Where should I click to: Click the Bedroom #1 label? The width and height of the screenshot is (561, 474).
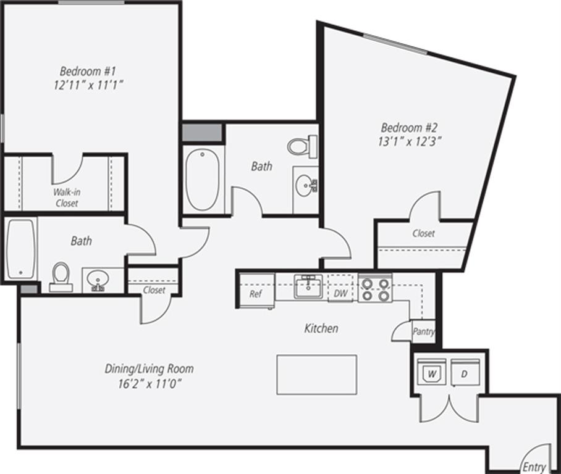[88, 71]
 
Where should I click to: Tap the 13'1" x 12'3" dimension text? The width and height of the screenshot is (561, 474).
[408, 141]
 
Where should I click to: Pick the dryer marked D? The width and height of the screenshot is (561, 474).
[465, 373]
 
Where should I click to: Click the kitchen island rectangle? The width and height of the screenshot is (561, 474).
[317, 375]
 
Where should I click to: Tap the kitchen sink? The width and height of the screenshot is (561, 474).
[308, 286]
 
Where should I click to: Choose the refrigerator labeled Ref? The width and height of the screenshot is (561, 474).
[256, 290]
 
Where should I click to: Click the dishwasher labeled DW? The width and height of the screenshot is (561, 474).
[340, 288]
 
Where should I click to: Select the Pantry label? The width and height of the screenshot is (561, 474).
[424, 331]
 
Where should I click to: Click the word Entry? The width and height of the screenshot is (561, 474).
[534, 467]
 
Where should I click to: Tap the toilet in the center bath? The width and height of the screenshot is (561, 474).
[302, 146]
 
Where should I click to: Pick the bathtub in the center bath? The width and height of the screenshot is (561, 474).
[203, 180]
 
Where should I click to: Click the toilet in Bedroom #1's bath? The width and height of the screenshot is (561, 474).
[61, 276]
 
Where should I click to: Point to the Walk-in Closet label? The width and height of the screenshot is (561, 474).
[67, 197]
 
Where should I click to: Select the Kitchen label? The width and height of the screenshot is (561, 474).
[321, 328]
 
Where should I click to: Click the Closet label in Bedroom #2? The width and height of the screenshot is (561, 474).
[424, 233]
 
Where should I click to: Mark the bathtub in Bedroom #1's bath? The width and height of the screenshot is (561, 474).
[22, 249]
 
